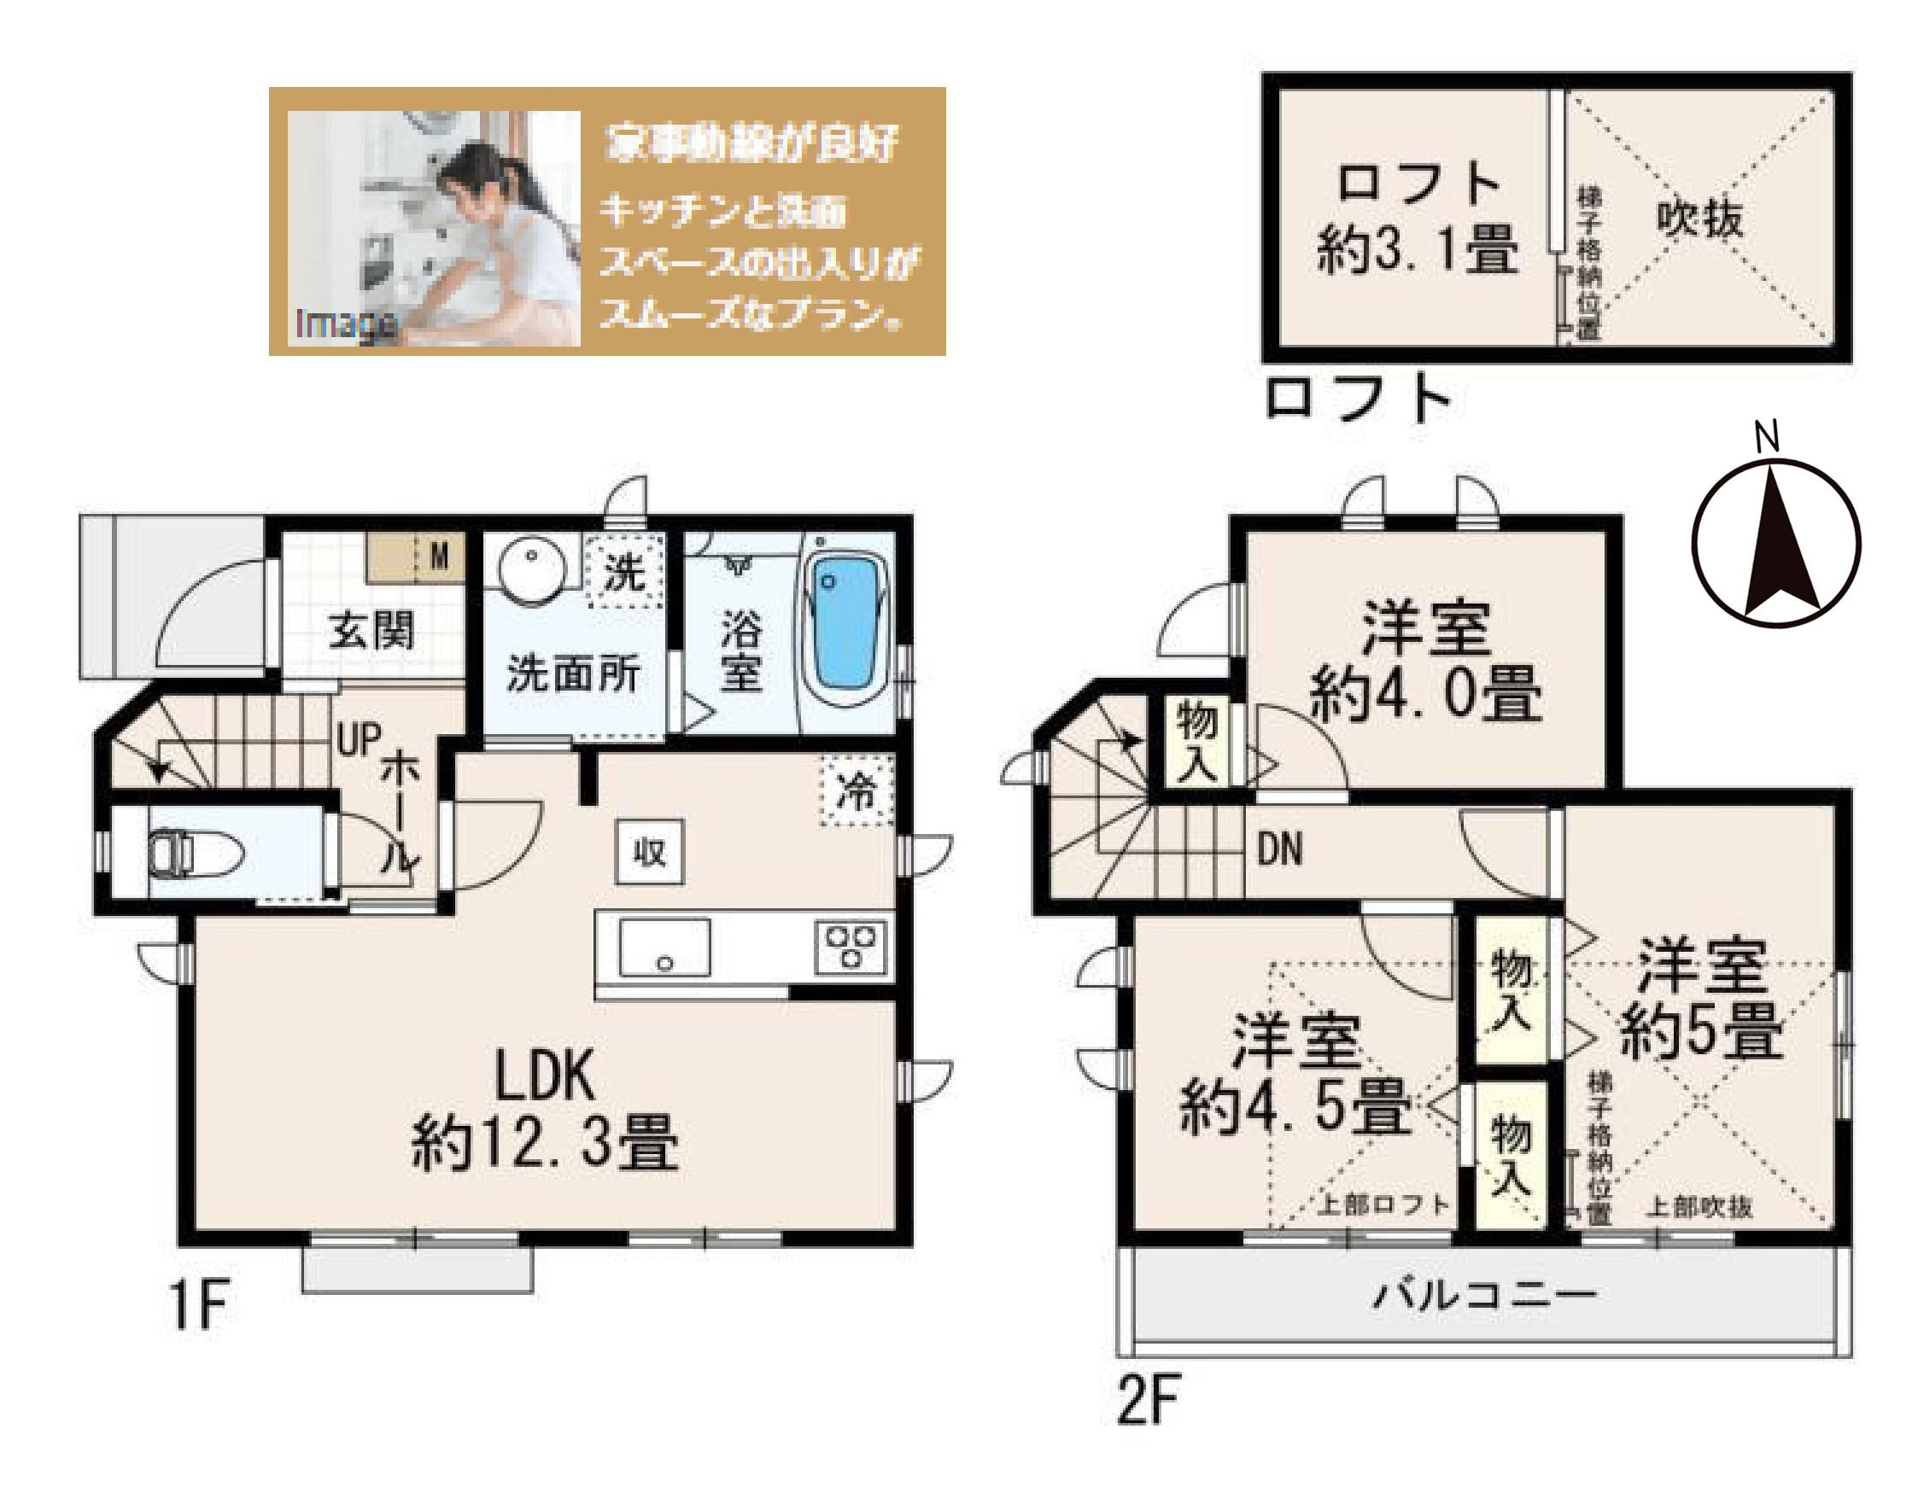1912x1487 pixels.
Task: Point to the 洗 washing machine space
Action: pos(627,572)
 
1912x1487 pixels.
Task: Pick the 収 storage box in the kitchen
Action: pos(650,853)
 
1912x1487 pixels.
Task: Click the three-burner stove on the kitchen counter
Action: pos(848,947)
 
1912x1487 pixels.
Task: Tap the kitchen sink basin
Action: pos(664,947)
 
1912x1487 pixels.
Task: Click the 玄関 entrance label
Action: pos(371,631)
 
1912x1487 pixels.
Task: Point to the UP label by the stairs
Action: pos(359,742)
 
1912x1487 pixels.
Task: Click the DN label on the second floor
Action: pos(1279,850)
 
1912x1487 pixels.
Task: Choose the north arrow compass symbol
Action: pos(1775,544)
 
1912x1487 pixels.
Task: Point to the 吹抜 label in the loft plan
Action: pos(1699,217)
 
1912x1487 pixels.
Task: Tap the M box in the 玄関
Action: pos(441,554)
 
